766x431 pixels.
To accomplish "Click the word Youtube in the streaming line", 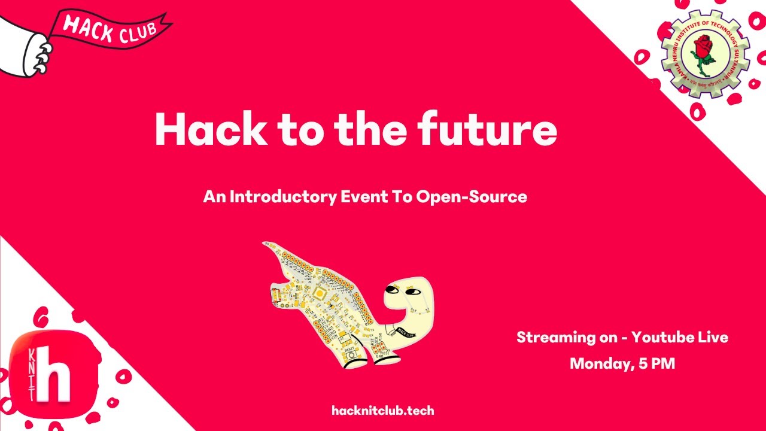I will [x=662, y=337].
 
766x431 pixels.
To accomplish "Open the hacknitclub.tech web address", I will [x=382, y=411].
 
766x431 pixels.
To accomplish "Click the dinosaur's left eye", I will [x=390, y=290].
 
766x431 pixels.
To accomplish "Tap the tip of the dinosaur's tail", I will [x=266, y=244].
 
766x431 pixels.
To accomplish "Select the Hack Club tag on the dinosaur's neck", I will [x=403, y=330].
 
